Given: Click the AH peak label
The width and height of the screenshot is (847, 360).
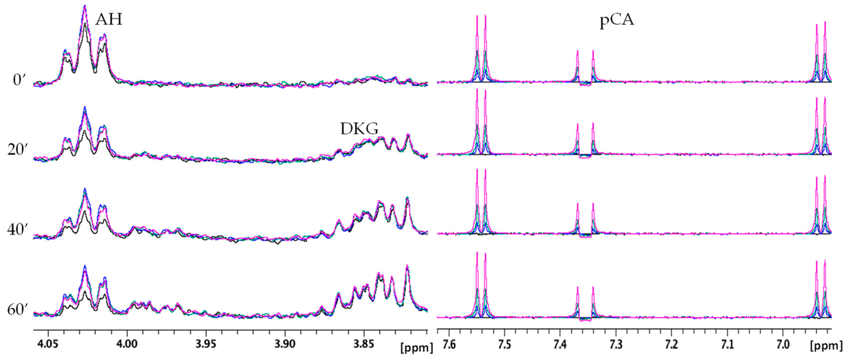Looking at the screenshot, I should (x=109, y=20).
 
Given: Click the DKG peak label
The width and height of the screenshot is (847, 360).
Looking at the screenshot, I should (x=359, y=129).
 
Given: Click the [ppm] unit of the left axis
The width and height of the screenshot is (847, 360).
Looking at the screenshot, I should (x=417, y=348).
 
